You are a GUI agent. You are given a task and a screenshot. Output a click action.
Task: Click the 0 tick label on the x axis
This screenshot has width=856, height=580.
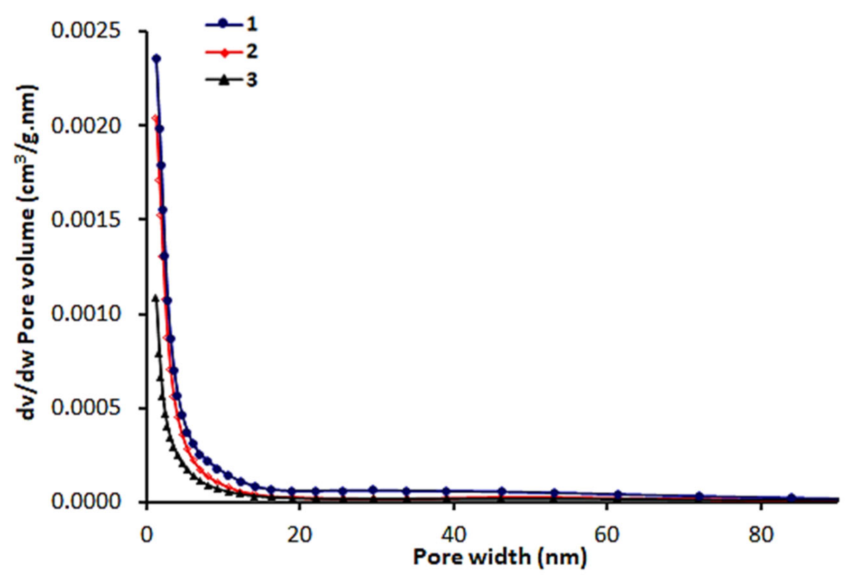[146, 535]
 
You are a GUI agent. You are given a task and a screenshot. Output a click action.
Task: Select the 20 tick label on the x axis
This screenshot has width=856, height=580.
[300, 535]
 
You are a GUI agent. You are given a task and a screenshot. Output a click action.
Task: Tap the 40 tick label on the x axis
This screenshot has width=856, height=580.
[454, 535]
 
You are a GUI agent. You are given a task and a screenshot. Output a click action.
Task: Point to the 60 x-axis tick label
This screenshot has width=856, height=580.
[607, 535]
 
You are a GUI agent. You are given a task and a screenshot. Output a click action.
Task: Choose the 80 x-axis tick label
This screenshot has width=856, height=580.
[761, 535]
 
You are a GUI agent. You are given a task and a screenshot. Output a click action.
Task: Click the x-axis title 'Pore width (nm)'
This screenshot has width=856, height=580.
[500, 557]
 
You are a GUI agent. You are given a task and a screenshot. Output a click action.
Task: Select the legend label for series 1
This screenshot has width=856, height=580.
[252, 24]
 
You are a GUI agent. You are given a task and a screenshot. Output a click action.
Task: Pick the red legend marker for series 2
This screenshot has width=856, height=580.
[224, 52]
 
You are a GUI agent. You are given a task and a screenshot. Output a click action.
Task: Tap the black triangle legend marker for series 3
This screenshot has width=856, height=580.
[224, 80]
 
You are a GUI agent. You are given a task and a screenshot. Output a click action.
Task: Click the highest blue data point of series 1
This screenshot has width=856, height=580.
[157, 59]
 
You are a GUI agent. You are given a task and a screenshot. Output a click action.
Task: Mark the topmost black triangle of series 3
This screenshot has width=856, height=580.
[155, 298]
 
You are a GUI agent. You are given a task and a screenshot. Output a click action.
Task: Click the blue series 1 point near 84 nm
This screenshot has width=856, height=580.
[791, 498]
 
